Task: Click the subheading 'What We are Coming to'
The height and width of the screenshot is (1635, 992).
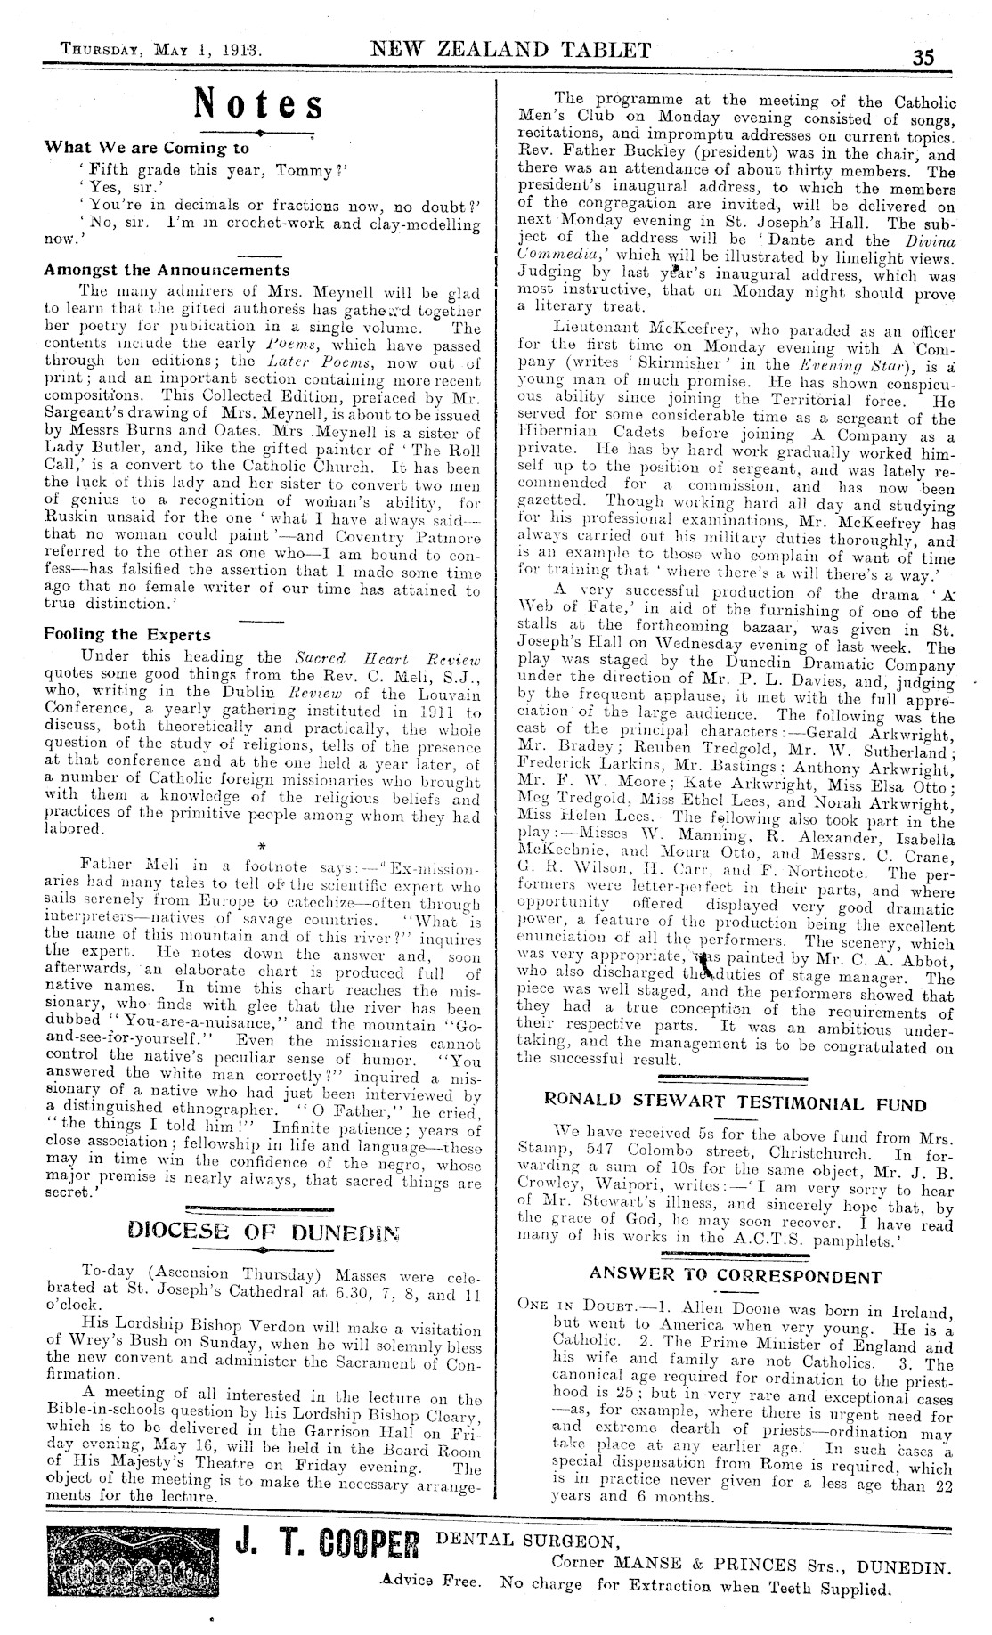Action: click(x=147, y=148)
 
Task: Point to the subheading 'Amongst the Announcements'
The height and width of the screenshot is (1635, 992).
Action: click(x=167, y=270)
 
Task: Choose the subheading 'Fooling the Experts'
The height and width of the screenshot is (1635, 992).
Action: click(x=127, y=634)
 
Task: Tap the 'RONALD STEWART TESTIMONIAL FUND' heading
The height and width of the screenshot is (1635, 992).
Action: click(x=735, y=1105)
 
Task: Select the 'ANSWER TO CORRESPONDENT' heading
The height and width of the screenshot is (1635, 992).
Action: click(x=735, y=1274)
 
